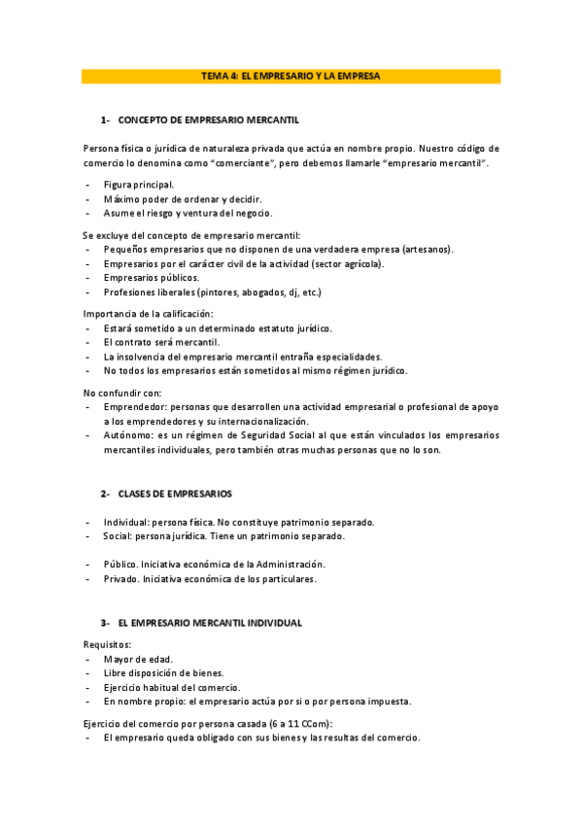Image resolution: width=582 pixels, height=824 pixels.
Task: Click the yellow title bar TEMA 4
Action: click(291, 75)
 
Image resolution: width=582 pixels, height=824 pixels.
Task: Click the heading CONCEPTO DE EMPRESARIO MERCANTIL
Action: click(208, 120)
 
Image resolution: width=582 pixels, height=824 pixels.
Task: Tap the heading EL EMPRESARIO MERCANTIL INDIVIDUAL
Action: click(210, 622)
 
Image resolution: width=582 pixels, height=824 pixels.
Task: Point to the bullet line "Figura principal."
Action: click(139, 184)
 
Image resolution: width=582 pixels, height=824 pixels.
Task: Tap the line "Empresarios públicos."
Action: click(151, 278)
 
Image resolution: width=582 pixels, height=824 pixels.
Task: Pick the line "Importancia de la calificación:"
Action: click(148, 313)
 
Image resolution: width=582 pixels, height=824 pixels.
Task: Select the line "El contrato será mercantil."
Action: click(161, 342)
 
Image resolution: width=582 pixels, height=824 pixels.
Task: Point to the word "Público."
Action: click(121, 565)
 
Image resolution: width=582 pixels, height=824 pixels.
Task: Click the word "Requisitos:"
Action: click(108, 643)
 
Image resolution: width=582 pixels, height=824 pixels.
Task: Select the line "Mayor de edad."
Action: click(138, 659)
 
